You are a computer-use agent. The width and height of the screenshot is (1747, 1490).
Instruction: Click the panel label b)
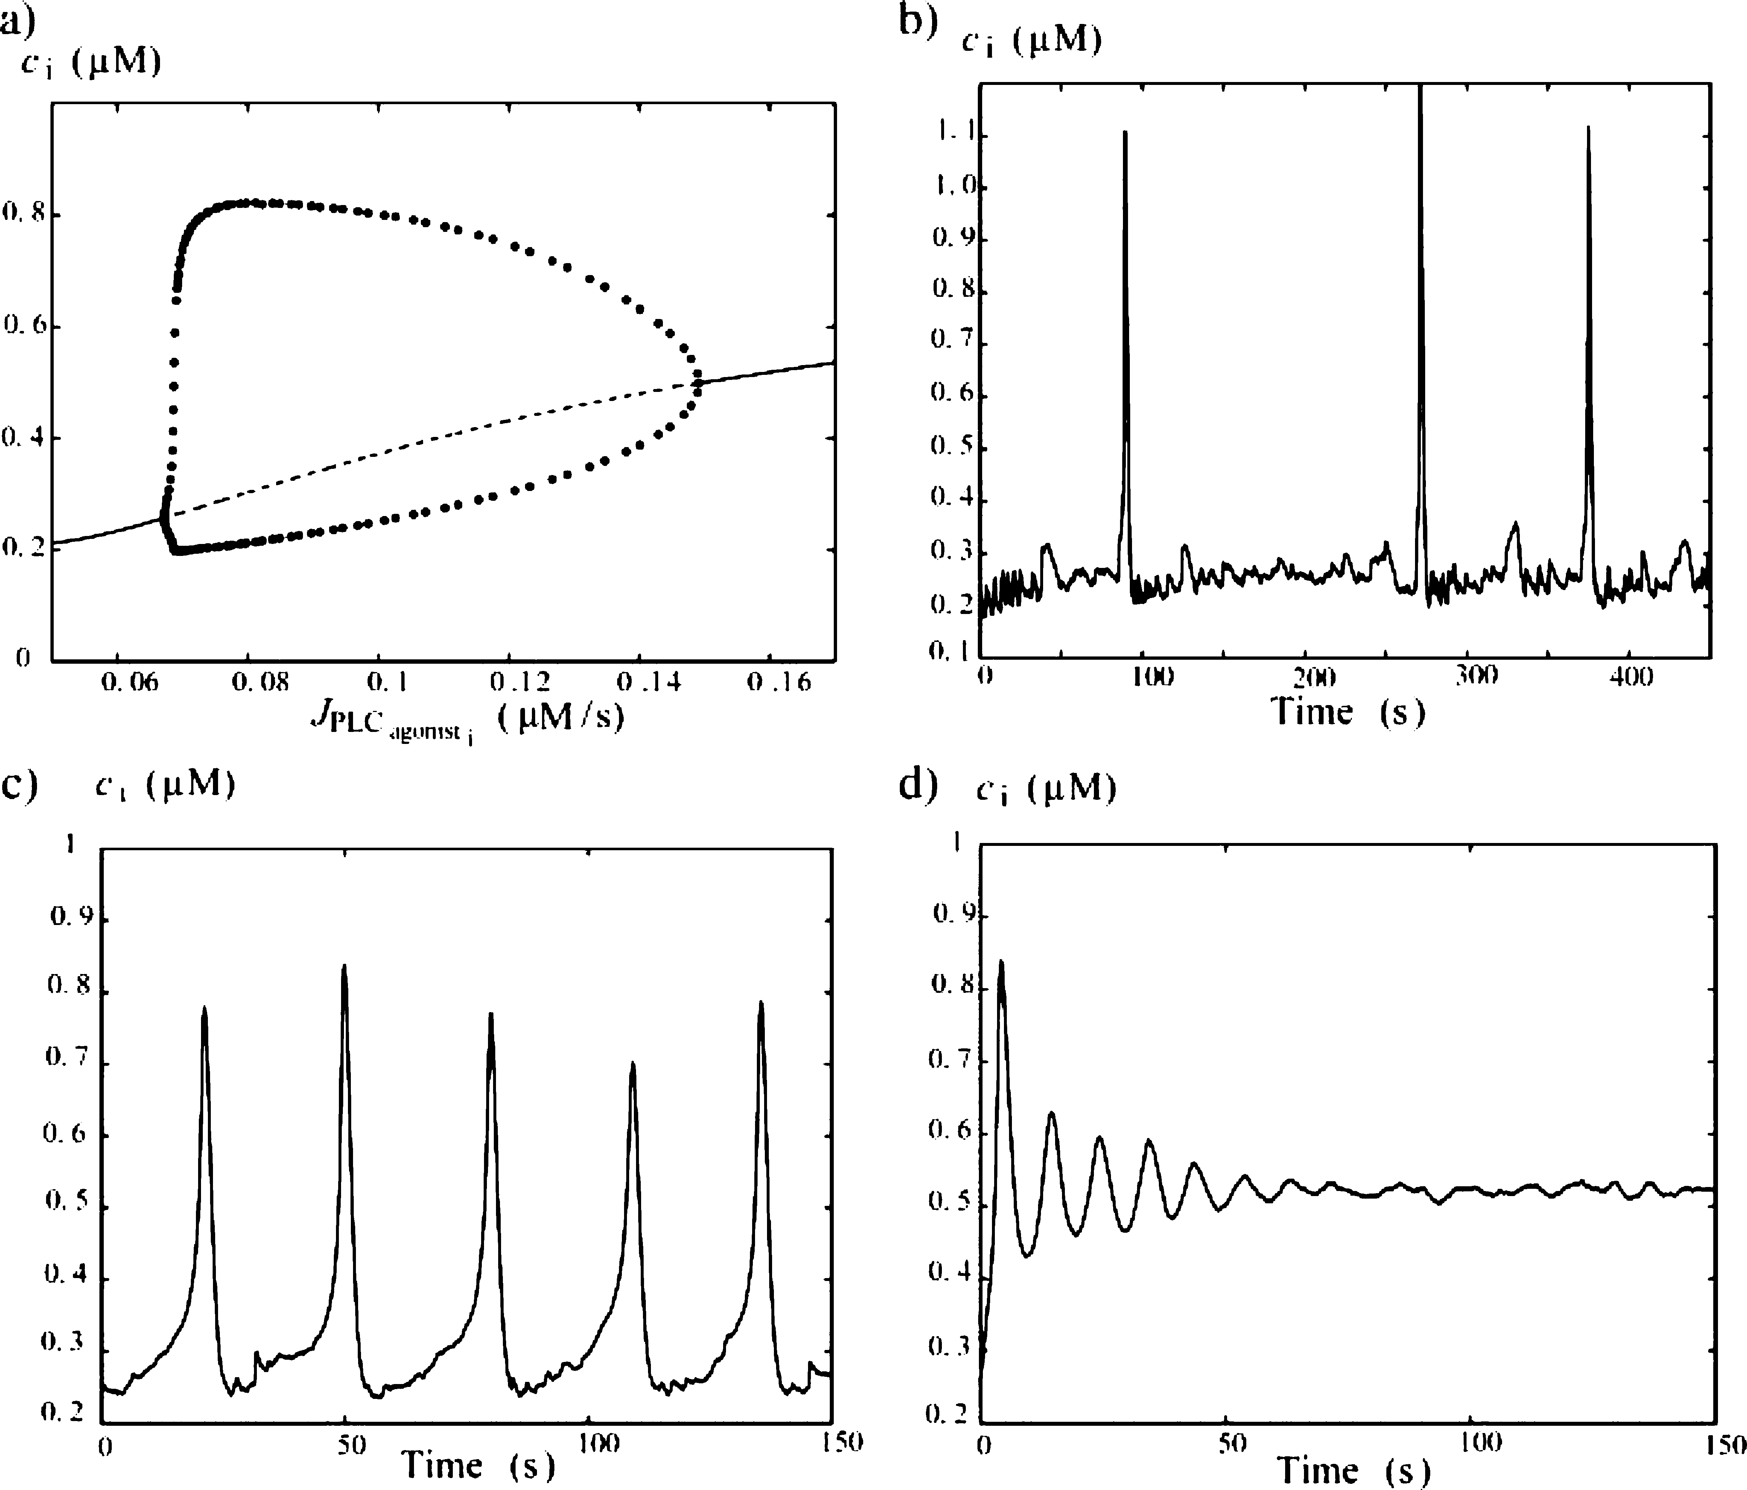pos(917,21)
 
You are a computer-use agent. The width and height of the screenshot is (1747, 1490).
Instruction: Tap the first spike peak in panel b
pos(1125,132)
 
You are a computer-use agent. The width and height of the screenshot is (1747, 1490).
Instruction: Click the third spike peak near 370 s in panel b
pos(1588,128)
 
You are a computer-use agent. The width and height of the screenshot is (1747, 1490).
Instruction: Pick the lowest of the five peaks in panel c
pos(632,1064)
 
